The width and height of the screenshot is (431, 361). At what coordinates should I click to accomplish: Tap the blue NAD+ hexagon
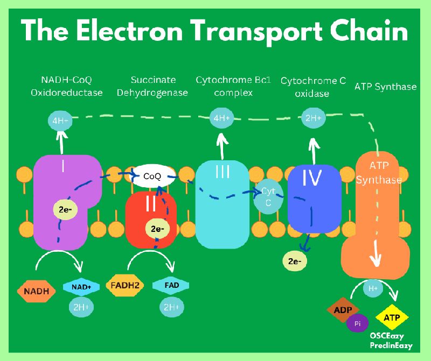click(81, 288)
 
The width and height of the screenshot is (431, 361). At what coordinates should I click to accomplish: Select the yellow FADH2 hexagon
click(124, 285)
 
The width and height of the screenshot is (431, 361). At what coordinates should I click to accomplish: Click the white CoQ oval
click(153, 176)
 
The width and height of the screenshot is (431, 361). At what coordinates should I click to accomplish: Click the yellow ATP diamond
click(392, 318)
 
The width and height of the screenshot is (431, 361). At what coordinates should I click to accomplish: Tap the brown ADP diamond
click(343, 310)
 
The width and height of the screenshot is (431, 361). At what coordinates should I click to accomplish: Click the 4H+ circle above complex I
click(59, 121)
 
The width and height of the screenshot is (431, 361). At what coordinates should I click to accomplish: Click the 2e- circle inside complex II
click(158, 229)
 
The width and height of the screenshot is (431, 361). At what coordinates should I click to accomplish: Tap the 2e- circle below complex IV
click(295, 261)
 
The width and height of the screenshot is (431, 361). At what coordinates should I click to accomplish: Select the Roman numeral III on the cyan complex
click(222, 172)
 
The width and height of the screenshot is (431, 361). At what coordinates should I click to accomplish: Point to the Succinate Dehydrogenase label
click(152, 86)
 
